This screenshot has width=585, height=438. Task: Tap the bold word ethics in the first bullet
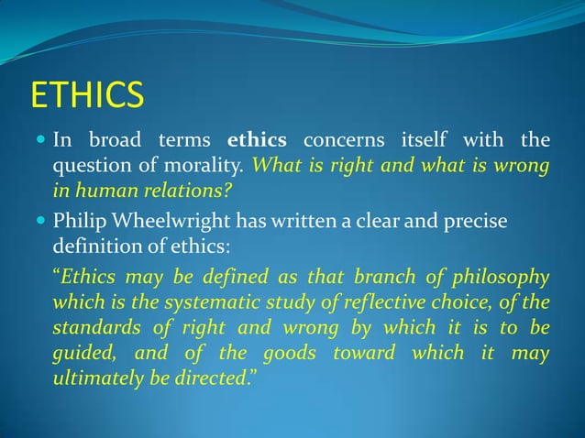coord(257,141)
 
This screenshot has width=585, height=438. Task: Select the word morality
coord(212,167)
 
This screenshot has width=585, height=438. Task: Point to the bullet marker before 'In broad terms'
coord(40,141)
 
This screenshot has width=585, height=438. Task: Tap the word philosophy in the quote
coord(503,278)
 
